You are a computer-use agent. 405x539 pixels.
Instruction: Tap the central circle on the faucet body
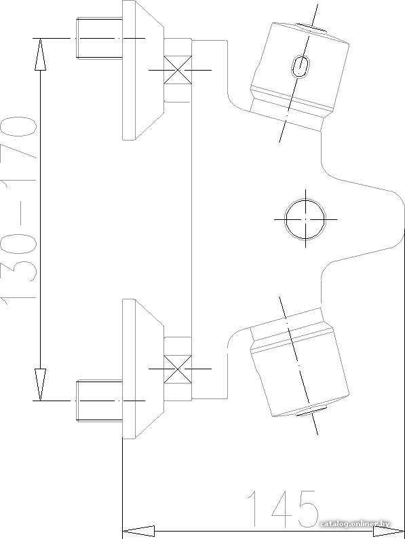click(x=305, y=219)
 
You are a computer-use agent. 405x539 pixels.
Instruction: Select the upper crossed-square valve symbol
click(x=178, y=70)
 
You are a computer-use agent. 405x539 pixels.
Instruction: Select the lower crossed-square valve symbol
click(x=178, y=369)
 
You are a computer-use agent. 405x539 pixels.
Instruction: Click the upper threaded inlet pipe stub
click(x=99, y=38)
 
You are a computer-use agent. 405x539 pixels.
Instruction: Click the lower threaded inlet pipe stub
click(x=99, y=401)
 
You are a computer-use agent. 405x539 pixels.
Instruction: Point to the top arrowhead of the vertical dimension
click(x=40, y=54)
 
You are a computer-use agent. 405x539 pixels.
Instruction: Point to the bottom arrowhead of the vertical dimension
click(x=40, y=385)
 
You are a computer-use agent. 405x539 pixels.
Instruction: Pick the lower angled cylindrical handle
click(x=299, y=363)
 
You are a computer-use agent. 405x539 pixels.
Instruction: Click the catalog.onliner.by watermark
click(x=355, y=524)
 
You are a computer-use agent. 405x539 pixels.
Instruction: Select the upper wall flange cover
click(x=143, y=70)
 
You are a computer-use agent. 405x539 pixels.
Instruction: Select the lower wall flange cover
click(x=143, y=369)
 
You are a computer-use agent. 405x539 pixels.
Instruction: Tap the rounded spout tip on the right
click(x=402, y=219)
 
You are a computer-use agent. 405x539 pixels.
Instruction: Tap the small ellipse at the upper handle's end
click(x=311, y=28)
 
